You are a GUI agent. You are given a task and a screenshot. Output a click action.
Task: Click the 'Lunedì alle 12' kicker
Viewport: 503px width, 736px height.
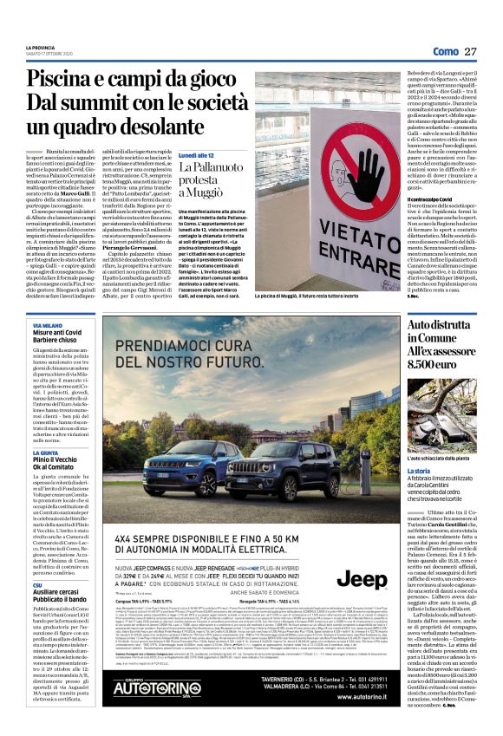click(199, 153)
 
